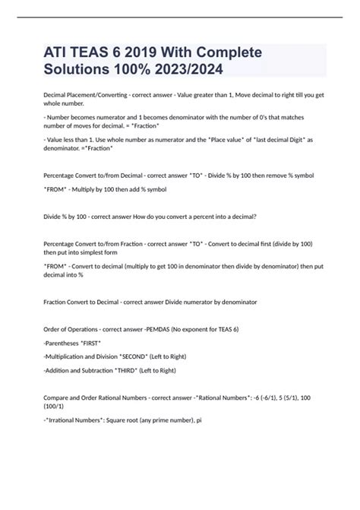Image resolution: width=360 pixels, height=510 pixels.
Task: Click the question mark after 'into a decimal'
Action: (x=255, y=216)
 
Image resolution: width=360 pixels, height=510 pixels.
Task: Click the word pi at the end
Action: (x=198, y=418)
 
